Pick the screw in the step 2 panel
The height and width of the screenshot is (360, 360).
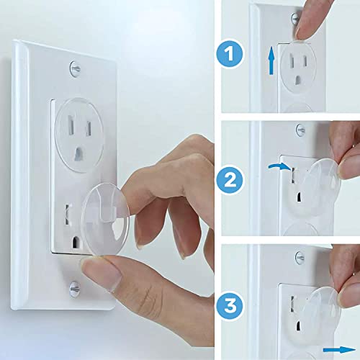pyautogui.click(x=300, y=132)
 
